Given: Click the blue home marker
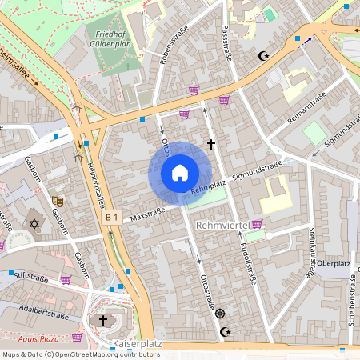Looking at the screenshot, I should pos(180,173).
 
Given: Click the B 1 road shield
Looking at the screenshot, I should pos(111,217).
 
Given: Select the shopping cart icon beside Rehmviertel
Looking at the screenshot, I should pos(257,224).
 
